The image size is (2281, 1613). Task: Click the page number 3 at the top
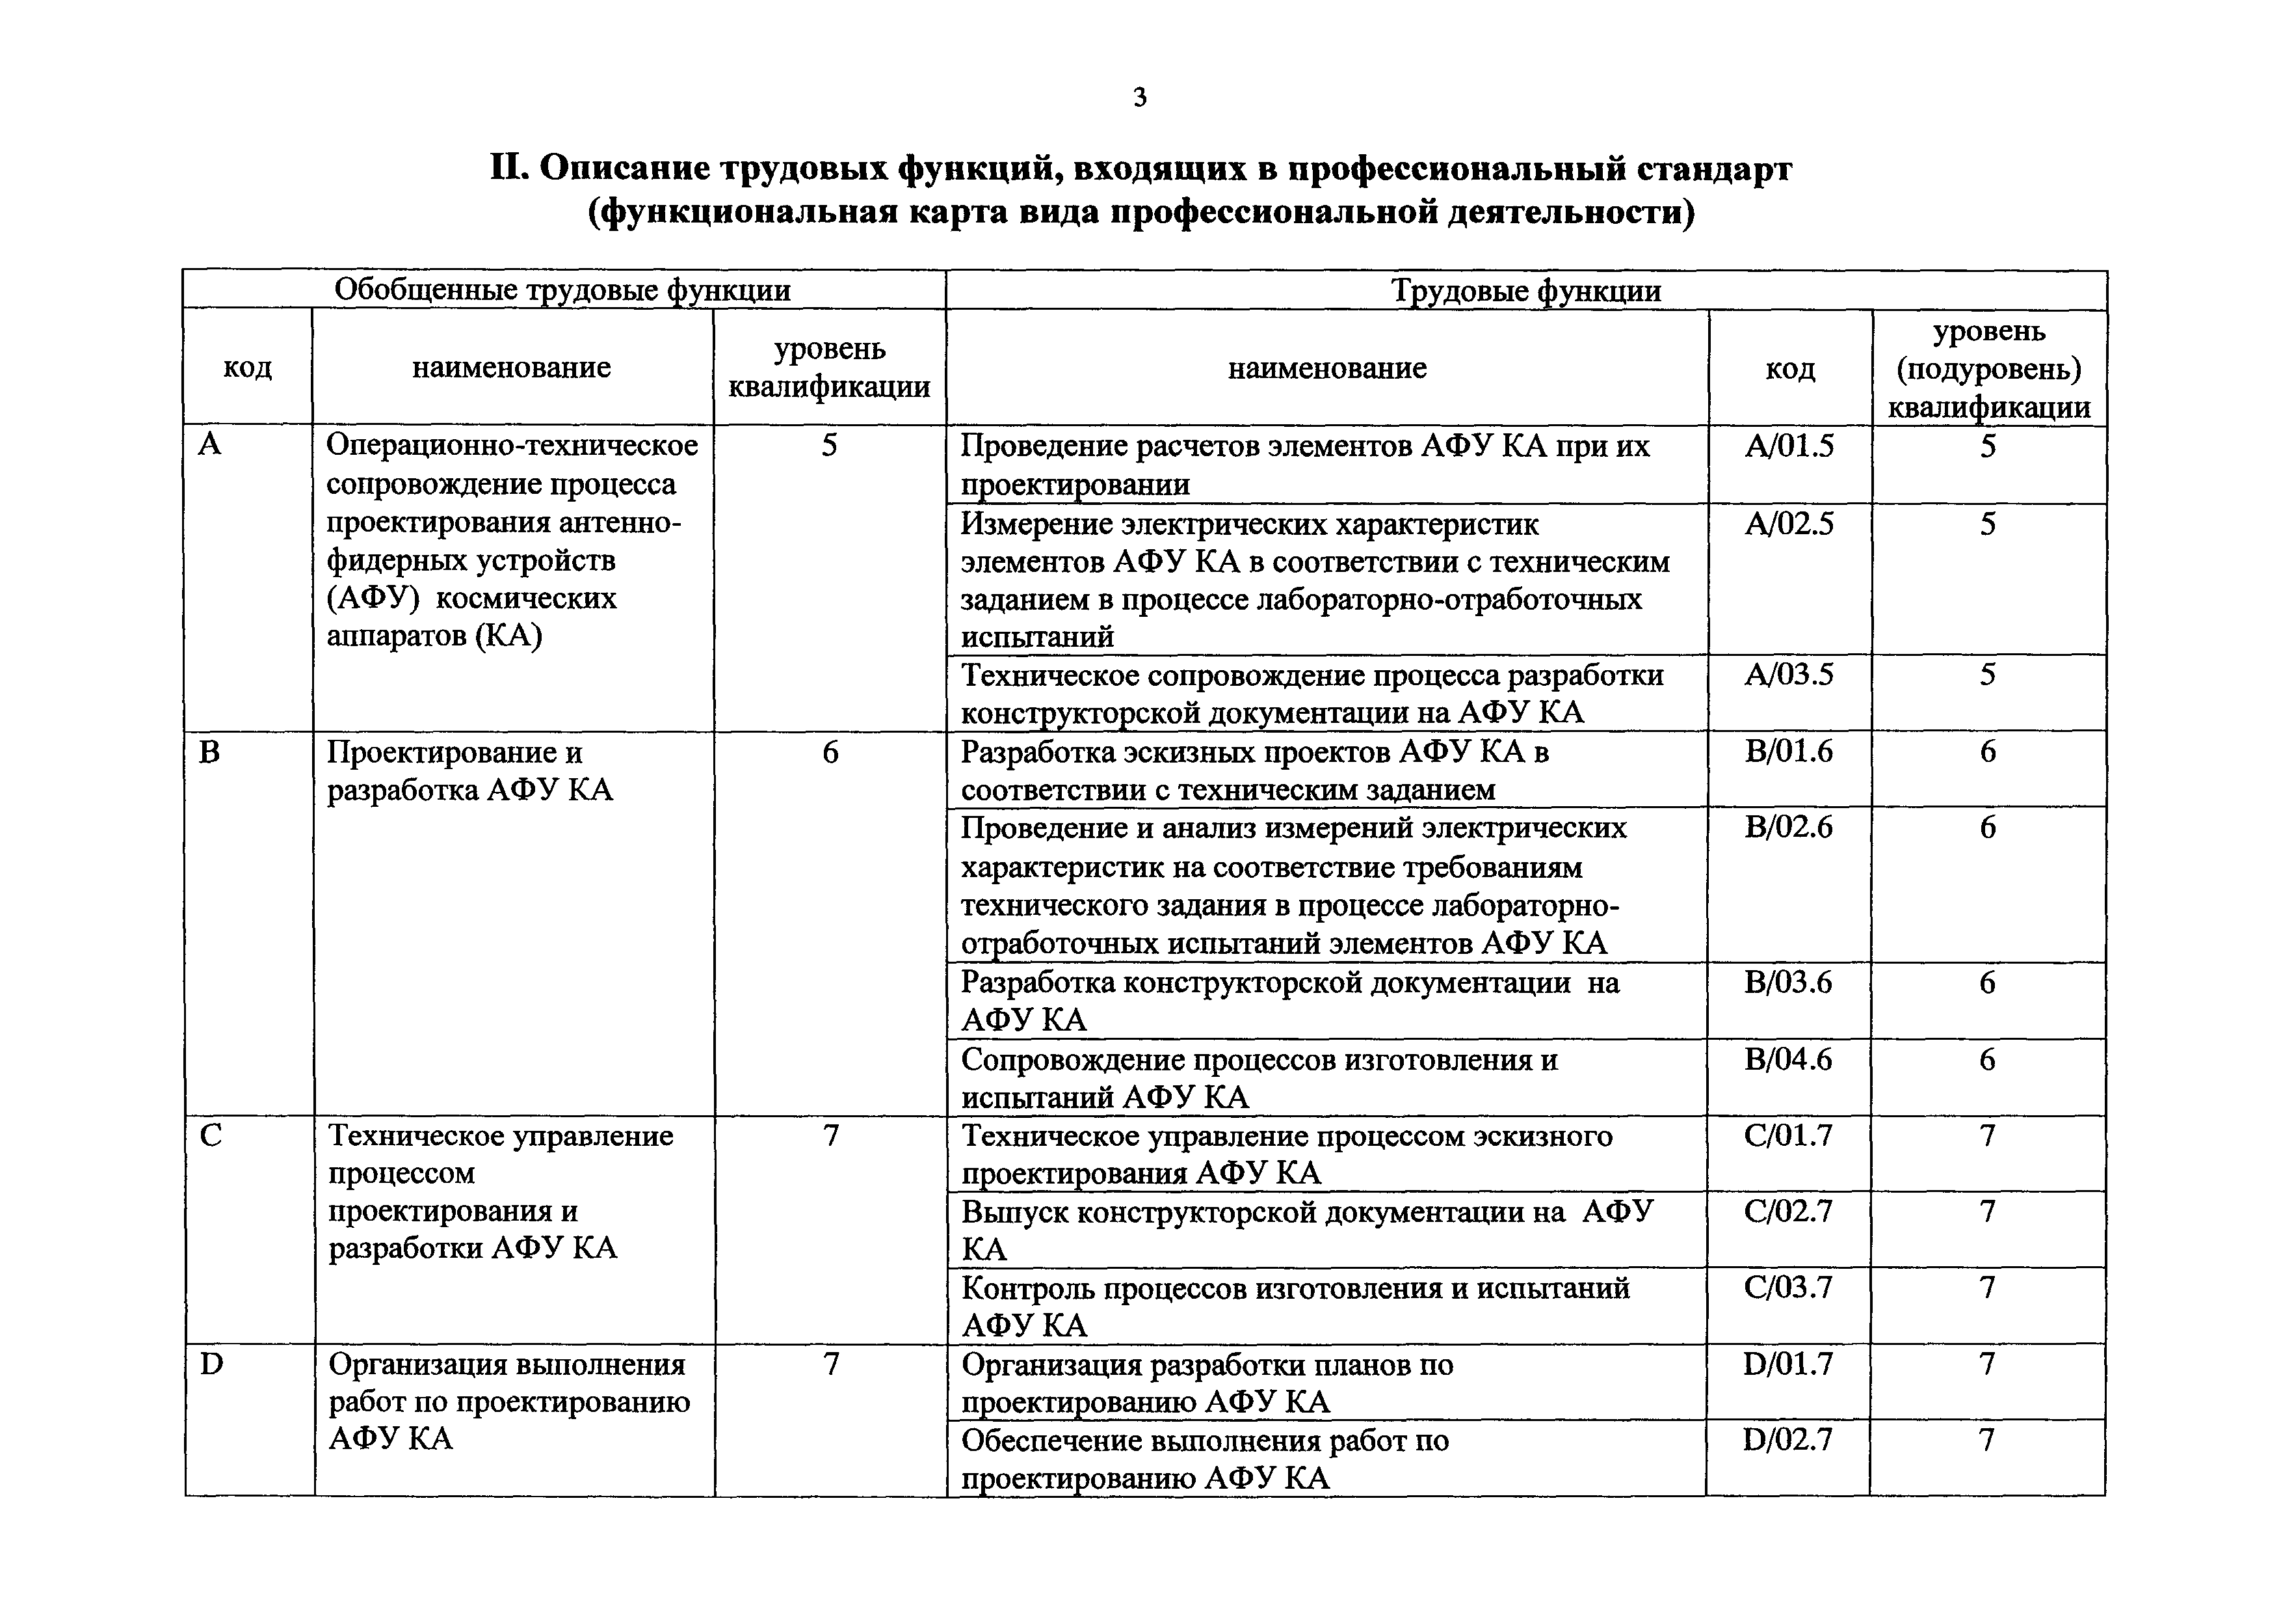click(x=1139, y=98)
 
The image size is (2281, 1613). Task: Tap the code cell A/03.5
click(x=1789, y=675)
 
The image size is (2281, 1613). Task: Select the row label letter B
click(x=209, y=752)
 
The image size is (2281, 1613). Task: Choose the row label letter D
click(x=211, y=1364)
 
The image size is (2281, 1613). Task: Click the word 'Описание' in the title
click(x=624, y=169)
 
